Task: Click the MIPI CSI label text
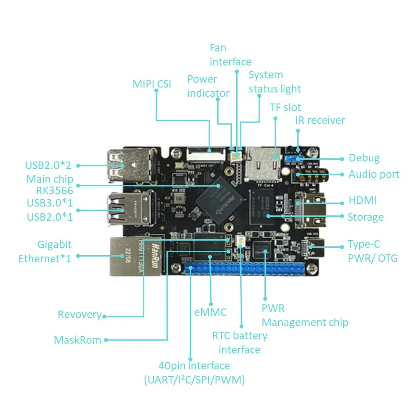pos(152,84)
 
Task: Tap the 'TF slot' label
pos(285,107)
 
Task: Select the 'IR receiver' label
pos(320,120)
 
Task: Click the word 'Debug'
pos(364,158)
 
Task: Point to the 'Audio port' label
pos(374,174)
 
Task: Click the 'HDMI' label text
pos(362,200)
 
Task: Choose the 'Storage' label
pos(365,217)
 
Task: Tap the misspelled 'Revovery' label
pos(80,314)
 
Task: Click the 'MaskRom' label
pos(77,340)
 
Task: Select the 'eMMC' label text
pos(211,312)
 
